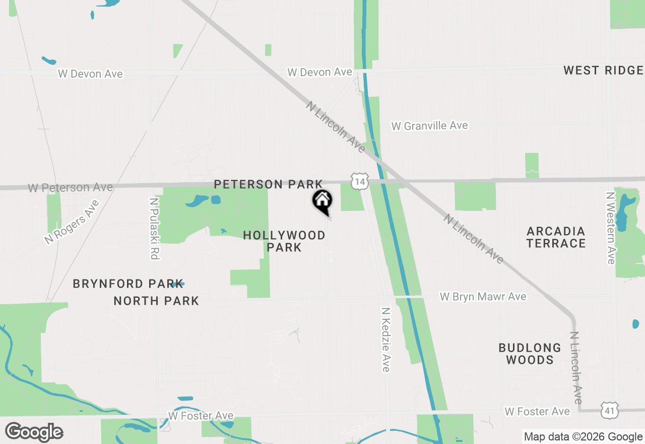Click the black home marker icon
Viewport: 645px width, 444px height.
(x=322, y=201)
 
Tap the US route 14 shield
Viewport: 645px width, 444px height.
(x=360, y=180)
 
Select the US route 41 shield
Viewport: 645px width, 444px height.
(x=609, y=411)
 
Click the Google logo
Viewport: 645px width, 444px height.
(x=34, y=432)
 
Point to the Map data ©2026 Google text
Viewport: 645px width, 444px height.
(x=583, y=437)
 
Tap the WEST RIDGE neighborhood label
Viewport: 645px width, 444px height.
(x=603, y=70)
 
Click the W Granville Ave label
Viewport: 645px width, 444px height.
(x=430, y=126)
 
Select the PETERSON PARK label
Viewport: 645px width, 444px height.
(x=268, y=184)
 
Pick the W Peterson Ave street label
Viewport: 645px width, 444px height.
(x=71, y=188)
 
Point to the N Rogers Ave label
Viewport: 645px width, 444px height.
(x=72, y=223)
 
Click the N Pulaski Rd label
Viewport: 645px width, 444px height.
(x=154, y=229)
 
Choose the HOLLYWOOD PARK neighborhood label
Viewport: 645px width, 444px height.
(x=284, y=241)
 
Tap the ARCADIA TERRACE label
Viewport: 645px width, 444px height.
(x=556, y=237)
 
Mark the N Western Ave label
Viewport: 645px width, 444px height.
(x=611, y=228)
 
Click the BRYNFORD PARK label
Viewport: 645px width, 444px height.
(x=127, y=284)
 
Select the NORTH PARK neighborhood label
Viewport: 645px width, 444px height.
(x=156, y=301)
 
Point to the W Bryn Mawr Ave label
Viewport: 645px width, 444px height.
(x=483, y=297)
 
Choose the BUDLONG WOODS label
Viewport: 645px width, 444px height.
(x=530, y=354)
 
